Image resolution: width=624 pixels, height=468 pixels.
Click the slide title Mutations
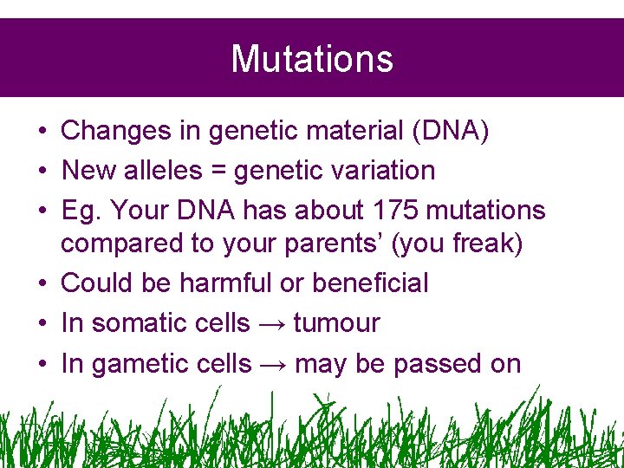312,59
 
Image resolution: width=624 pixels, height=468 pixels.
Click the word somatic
139,323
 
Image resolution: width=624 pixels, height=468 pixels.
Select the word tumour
337,323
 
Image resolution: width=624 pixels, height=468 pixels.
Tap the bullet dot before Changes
42,132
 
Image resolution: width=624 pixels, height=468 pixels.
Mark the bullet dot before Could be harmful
42,283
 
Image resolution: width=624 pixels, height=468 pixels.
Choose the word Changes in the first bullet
115,131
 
